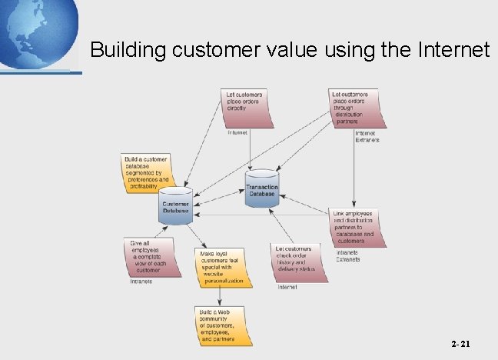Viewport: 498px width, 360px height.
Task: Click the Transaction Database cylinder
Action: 262,189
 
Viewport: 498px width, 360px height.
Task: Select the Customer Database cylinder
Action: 175,205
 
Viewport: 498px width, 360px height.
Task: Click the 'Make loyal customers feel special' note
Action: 221,267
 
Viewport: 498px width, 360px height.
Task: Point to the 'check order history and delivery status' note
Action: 296,261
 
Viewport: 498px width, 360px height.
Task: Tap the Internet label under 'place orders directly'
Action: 237,132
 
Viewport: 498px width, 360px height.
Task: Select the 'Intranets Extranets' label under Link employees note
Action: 347,255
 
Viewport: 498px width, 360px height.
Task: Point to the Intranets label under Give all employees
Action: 140,282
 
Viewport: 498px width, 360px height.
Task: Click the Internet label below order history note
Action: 287,287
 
